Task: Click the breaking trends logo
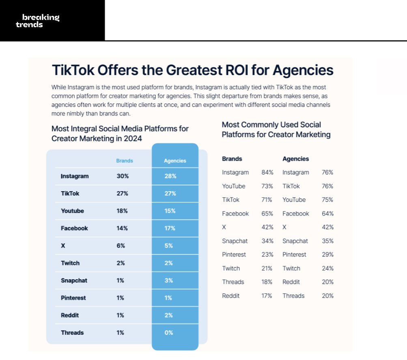38,21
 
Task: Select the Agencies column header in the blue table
175,161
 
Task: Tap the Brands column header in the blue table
125,161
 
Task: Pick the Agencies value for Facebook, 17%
170,228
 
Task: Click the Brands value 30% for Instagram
123,176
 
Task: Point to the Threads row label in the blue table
72,332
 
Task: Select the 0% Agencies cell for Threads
169,332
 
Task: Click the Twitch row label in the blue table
70,263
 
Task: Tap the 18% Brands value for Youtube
122,211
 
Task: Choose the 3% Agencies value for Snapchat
168,280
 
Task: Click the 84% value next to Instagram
267,172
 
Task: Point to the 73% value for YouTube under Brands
267,186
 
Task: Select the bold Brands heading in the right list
232,159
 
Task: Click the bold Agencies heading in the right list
296,159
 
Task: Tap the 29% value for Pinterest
327,254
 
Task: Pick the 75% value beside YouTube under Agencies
327,200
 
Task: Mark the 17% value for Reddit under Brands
267,295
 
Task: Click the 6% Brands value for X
121,246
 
